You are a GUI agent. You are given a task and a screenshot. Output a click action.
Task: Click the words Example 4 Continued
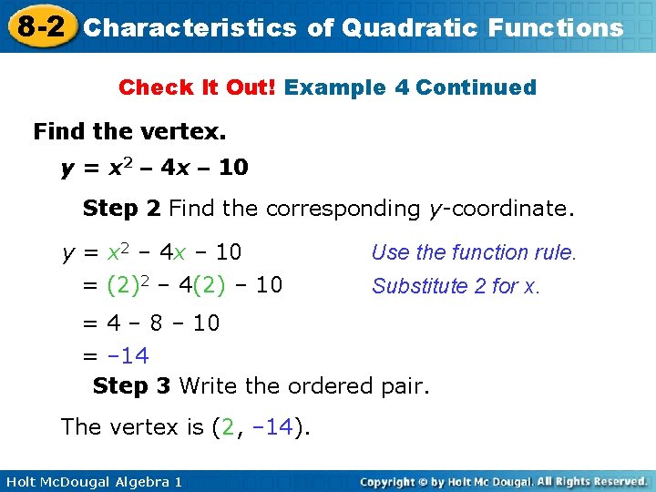point(410,87)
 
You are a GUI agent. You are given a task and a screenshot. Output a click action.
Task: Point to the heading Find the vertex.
point(129,132)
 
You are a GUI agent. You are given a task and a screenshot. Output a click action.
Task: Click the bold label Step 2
point(121,209)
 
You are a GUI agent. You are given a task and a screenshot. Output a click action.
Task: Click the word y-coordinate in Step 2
point(502,209)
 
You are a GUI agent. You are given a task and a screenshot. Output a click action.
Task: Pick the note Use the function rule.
point(474,252)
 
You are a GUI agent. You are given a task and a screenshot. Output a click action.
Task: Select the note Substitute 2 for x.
point(456,286)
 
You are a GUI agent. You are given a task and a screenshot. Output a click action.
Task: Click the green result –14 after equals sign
point(128,354)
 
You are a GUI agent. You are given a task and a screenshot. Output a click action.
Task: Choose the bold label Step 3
point(132,386)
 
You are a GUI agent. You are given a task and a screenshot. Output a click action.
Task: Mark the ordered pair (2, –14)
point(261,426)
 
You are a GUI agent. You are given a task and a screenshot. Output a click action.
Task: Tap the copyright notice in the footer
point(503,480)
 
